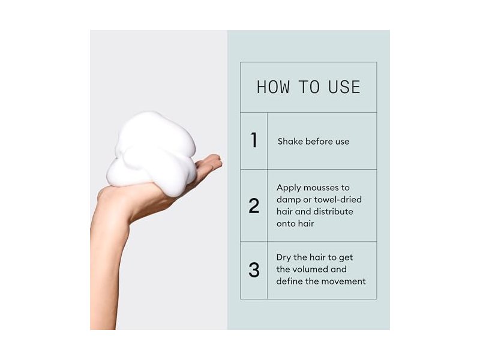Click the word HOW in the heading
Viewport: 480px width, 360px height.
pyautogui.click(x=273, y=87)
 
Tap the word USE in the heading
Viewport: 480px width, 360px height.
pyautogui.click(x=344, y=87)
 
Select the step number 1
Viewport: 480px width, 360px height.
pyautogui.click(x=254, y=140)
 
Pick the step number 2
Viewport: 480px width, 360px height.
pyautogui.click(x=254, y=206)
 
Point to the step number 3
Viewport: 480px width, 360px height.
pyautogui.click(x=254, y=270)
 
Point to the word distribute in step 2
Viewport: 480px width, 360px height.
pyautogui.click(x=334, y=212)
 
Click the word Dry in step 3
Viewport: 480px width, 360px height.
pyautogui.click(x=283, y=258)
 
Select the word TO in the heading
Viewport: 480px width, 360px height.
pyautogui.click(x=309, y=87)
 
